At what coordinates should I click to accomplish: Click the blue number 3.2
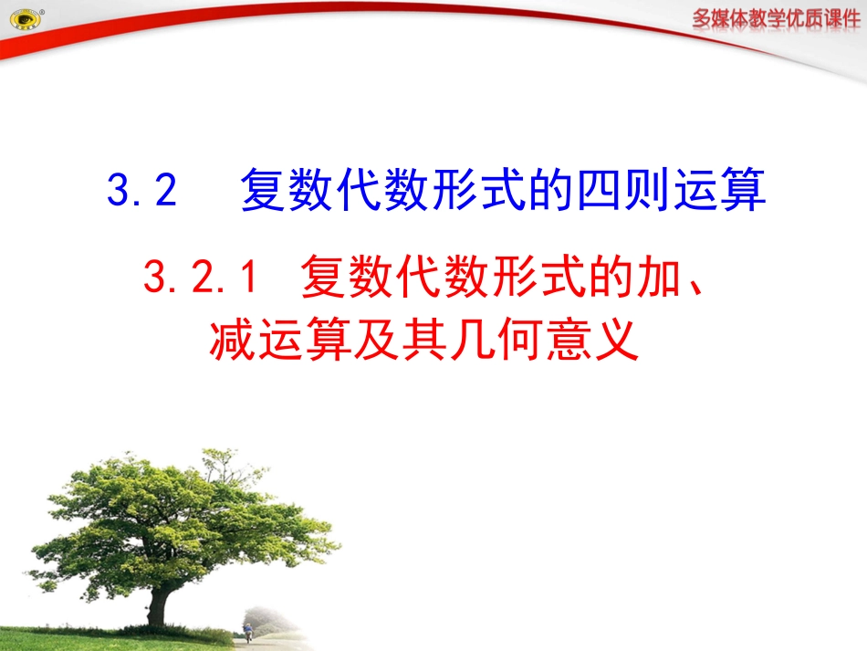tap(141, 192)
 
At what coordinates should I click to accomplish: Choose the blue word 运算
tap(722, 192)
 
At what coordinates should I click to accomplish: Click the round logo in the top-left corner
tap(24, 19)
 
